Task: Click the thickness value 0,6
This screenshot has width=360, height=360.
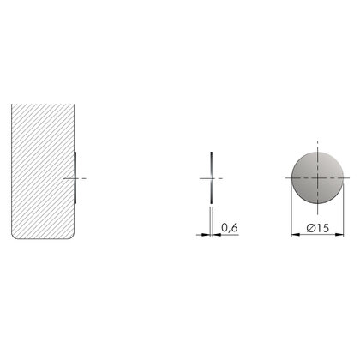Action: pyautogui.click(x=229, y=228)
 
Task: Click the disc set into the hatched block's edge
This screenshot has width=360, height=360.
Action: pyautogui.click(x=76, y=177)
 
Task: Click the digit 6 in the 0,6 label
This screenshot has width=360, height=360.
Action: pyautogui.click(x=234, y=228)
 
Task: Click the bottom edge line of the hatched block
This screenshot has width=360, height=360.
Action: pyautogui.click(x=43, y=240)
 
